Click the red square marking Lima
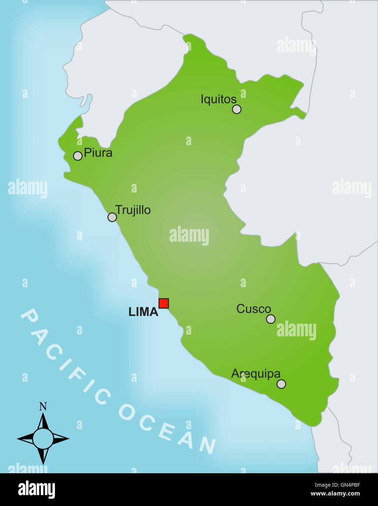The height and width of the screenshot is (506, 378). coord(164,303)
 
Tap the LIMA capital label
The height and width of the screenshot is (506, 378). coord(143,312)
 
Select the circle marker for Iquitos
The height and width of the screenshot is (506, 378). coord(236,109)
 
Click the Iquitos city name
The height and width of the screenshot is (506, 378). coord(218,99)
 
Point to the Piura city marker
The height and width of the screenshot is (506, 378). coord(77,156)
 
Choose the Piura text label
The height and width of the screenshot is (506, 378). coord(98,153)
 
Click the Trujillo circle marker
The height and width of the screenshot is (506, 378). coord(112,217)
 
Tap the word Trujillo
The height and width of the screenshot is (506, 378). coord(133,210)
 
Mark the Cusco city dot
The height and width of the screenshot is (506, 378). coord(271,319)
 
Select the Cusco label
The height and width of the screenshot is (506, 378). coord(254,309)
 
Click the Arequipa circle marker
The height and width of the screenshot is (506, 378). coord(281,384)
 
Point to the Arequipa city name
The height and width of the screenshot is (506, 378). coord(256,374)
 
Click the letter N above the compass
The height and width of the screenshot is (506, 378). coord(43,407)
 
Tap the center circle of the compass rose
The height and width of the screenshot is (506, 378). coord(43,439)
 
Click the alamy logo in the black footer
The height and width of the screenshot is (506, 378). coord(36,489)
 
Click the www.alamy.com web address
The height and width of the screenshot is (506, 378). coord(335,494)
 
